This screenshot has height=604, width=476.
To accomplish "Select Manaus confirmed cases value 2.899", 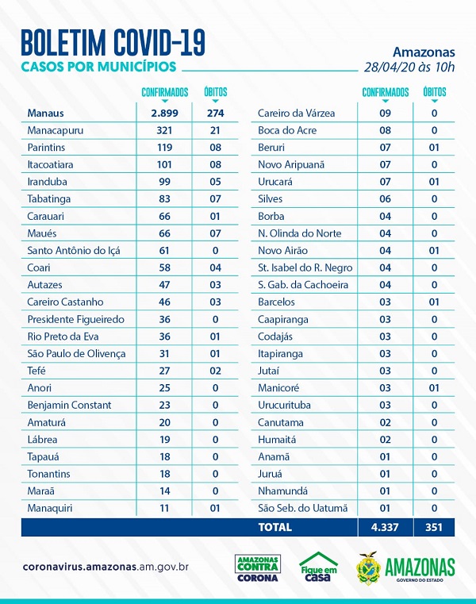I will tap(165, 113).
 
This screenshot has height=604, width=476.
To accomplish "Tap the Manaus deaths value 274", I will tap(215, 113).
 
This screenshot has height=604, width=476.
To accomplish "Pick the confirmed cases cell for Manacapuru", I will tap(165, 130).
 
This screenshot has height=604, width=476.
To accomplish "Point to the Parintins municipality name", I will tap(49, 147).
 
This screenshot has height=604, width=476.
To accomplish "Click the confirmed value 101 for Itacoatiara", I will tap(165, 164).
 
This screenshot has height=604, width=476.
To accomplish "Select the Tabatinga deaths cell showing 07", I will tap(215, 198).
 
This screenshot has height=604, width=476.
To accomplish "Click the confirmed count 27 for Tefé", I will tap(165, 371).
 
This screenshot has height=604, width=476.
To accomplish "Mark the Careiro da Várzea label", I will tap(296, 113).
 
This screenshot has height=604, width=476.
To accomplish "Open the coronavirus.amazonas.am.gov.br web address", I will tap(106, 567).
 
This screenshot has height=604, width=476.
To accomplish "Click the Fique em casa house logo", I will tap(318, 568).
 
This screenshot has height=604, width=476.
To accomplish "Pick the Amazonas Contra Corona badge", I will tap(257, 568).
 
